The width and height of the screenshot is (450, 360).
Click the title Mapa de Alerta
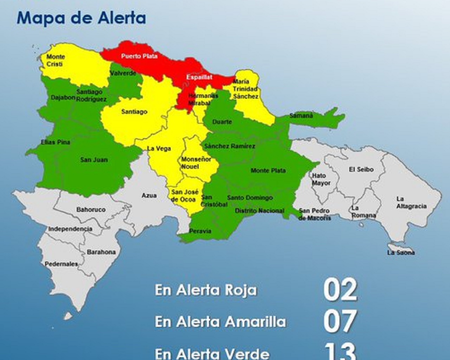81,18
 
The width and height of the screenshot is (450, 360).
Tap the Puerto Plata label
139,56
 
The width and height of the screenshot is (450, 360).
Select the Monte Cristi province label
55,60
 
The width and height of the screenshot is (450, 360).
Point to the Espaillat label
199,77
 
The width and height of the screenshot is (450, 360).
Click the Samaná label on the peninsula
301,115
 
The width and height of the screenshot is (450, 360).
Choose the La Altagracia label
411,202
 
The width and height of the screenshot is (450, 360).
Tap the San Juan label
94,160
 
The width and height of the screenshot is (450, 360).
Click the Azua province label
149,195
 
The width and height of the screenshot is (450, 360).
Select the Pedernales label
61,264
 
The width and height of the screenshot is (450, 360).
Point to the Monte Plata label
268,171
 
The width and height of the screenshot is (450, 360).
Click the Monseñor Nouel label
196,163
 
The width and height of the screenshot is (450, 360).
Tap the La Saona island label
401,252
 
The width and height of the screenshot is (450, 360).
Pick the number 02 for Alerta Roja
340,290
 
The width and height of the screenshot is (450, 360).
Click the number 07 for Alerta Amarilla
340,321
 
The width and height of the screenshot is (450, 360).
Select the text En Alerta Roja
206,290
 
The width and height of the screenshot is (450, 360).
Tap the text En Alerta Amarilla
220,322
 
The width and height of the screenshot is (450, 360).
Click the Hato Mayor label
321,179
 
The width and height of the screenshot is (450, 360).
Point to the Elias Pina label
56,142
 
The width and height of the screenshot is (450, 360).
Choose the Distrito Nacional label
259,211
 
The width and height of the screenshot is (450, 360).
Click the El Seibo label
361,169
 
